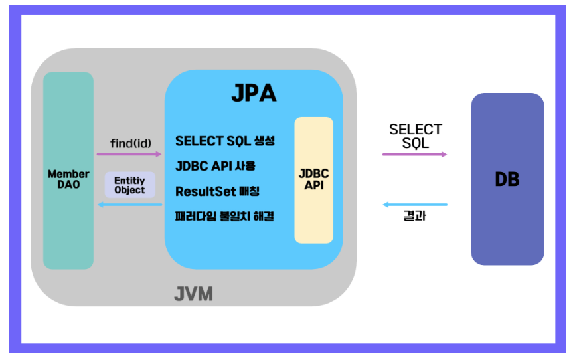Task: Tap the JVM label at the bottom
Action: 194,294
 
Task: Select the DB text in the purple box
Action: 507,179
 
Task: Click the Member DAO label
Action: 68,179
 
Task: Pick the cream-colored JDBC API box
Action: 313,179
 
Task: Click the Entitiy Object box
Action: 129,185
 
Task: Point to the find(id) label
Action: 129,143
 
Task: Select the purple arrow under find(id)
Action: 129,154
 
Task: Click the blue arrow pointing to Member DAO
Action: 129,205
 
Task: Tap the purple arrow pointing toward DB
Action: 414,154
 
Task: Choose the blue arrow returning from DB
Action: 414,205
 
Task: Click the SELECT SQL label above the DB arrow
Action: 415,136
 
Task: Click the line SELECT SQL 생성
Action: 224,141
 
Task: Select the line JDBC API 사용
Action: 215,166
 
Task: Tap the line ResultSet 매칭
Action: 217,191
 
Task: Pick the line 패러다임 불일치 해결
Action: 224,217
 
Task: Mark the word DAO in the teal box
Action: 68,185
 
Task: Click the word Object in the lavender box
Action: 129,190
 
